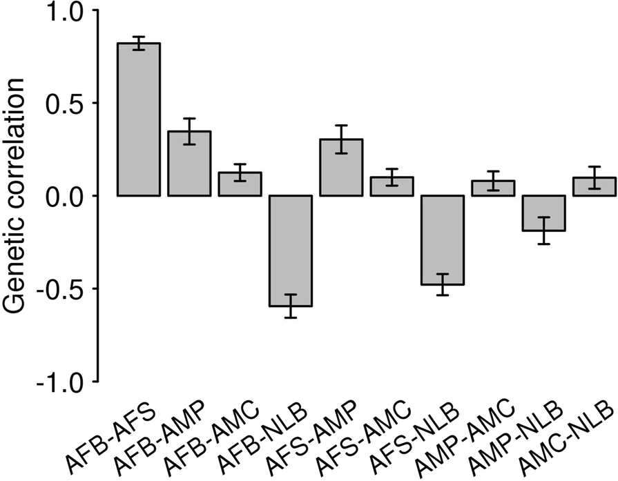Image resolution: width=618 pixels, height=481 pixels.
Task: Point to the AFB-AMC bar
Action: click(x=240, y=184)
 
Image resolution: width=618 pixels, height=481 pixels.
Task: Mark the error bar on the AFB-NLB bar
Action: click(x=291, y=306)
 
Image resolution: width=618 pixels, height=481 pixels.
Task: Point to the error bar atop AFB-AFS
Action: click(x=139, y=43)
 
